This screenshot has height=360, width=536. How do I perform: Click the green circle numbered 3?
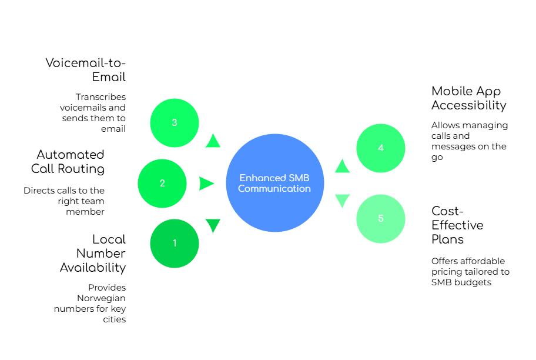coord(175,122)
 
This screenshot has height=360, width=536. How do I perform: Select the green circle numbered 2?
coord(162,183)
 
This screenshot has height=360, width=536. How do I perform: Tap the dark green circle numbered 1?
coord(175,243)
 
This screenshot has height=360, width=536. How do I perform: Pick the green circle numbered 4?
coord(380,148)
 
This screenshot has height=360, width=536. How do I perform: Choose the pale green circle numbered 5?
coord(380,218)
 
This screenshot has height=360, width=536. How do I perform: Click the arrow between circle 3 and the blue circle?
coord(213,141)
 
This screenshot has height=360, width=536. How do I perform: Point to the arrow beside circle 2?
coord(206,184)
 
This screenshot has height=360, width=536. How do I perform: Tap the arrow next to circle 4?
coord(342,166)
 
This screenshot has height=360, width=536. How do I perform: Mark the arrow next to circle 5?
coord(342,201)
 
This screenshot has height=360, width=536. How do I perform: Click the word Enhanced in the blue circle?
coord(263,178)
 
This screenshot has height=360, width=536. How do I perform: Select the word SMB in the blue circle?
coord(299,178)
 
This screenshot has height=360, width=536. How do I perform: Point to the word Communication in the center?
coord(274,189)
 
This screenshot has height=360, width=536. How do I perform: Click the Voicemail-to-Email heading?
coord(88,69)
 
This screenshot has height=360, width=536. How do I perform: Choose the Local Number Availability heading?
coord(94,252)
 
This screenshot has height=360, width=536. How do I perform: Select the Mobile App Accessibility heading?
coord(468,98)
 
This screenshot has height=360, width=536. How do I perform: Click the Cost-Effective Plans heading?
coord(455,225)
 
